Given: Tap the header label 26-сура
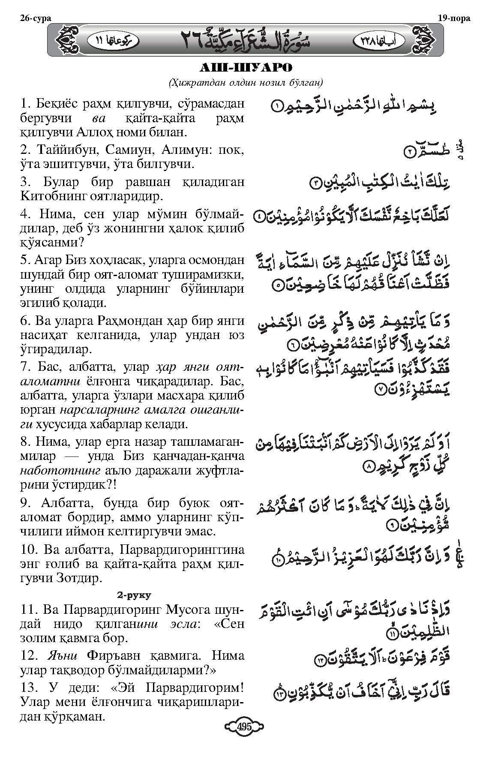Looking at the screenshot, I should [35, 18].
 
